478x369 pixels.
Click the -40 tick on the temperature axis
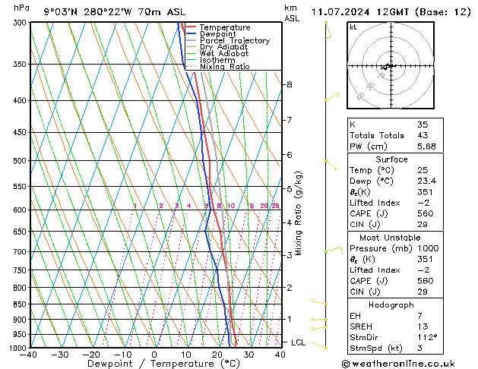coord(29,355)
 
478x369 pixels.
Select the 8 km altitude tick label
coord(290,84)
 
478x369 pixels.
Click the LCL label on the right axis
coord(299,342)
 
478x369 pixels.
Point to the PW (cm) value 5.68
coord(426,147)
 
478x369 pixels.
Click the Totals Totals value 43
coord(422,135)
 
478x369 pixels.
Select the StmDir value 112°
coord(426,337)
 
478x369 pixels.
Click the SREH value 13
coord(422,326)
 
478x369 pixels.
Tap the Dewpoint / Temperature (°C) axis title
coord(153,364)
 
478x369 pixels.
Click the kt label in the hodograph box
coord(353,27)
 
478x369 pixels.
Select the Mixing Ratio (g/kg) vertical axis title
coord(299,213)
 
